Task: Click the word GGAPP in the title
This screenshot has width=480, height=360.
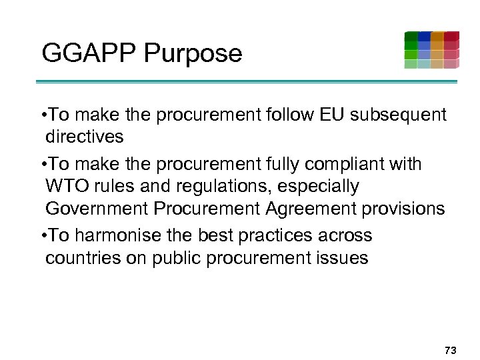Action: (x=85, y=53)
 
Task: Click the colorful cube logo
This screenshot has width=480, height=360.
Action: (x=431, y=49)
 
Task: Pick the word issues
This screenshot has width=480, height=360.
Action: (x=339, y=257)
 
